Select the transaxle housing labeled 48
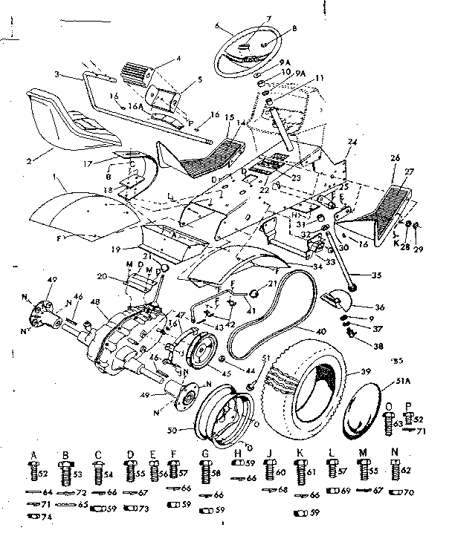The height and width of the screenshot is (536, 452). coord(123,338)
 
